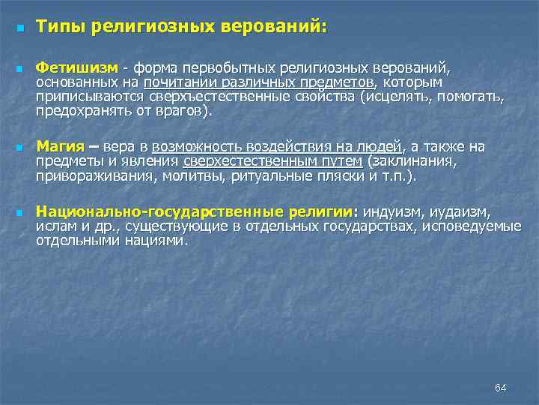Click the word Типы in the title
(x=62, y=28)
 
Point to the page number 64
(x=501, y=387)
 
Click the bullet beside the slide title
(x=19, y=28)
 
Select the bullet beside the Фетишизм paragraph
(x=19, y=69)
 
